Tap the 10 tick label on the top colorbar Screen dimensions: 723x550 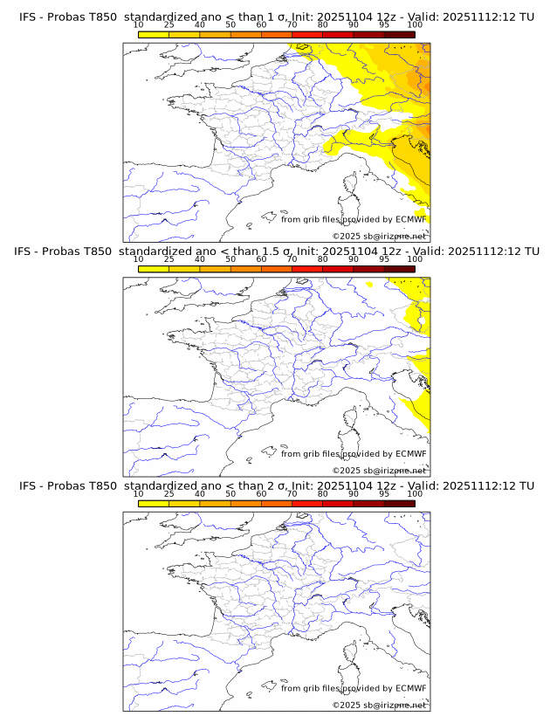coord(138,26)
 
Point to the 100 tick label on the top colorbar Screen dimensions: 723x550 coord(415,26)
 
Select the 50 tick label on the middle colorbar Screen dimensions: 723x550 coord(230,260)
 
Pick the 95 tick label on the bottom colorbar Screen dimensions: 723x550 coord(384,494)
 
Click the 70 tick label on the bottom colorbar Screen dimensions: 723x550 coord(292,494)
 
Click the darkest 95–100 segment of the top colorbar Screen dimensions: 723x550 coord(399,34)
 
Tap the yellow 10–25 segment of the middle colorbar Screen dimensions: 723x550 coord(154,268)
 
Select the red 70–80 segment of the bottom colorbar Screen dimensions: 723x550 coord(306,502)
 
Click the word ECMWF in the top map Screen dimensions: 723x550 coord(410,219)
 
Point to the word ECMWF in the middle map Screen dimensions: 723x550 coord(410,454)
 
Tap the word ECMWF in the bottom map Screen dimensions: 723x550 coord(410,688)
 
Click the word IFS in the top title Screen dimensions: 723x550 coord(28,17)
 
